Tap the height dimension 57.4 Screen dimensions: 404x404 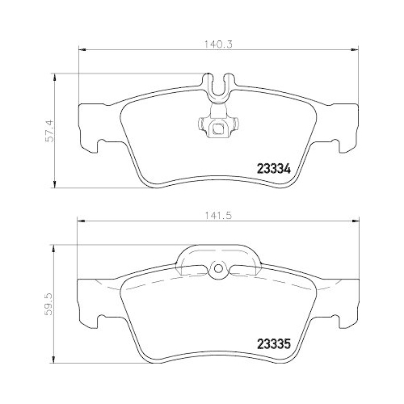tap(46, 128)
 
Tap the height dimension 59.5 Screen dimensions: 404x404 tap(46, 306)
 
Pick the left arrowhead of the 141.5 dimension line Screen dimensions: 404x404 tap(78, 222)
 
